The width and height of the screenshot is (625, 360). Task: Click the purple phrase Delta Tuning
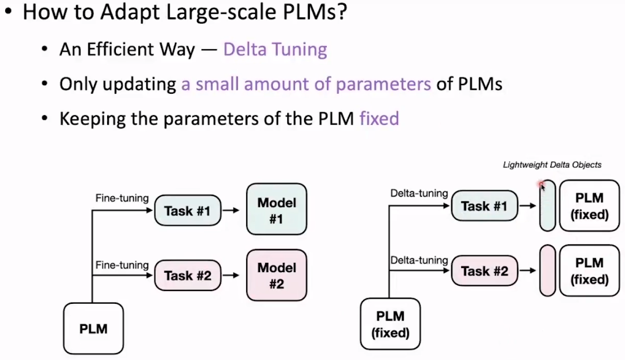(x=275, y=49)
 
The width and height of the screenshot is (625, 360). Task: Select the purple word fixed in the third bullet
(x=379, y=119)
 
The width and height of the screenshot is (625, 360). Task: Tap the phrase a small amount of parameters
(x=306, y=85)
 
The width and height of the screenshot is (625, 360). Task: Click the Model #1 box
(x=276, y=211)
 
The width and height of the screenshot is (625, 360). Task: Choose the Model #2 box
(x=276, y=275)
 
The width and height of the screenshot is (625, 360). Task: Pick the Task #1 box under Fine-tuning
(x=188, y=211)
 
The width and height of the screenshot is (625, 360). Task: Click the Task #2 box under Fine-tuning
(x=188, y=275)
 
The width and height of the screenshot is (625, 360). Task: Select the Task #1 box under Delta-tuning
(x=484, y=206)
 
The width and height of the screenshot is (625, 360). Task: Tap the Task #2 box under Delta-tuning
(x=484, y=270)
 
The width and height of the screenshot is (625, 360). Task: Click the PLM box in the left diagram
(x=93, y=328)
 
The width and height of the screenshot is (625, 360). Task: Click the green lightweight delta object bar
(x=547, y=206)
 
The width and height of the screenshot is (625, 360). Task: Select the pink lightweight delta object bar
(x=547, y=271)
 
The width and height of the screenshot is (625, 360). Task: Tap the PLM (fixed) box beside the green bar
(x=589, y=206)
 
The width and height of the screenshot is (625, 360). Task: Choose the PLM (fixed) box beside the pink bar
(x=589, y=271)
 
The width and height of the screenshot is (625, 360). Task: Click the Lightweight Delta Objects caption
(x=551, y=165)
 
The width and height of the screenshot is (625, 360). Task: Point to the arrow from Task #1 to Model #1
(x=231, y=211)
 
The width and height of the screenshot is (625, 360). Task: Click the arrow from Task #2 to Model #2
(x=231, y=275)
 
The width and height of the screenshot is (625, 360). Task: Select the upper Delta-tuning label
(x=419, y=193)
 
